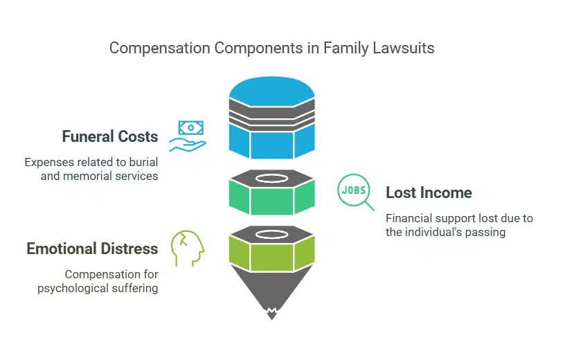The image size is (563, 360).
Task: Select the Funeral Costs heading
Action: click(x=109, y=136)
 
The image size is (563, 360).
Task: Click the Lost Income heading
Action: click(x=429, y=192)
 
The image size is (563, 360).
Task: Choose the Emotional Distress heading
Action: click(x=92, y=249)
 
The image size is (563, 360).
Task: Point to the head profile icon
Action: click(x=188, y=247)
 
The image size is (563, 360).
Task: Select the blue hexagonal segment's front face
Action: click(x=271, y=145)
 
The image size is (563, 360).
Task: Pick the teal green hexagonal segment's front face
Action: click(x=271, y=201)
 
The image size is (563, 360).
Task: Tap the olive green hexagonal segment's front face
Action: click(x=271, y=257)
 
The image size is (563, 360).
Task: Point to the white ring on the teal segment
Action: click(x=271, y=178)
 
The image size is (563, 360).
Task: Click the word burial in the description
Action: click(x=142, y=163)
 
